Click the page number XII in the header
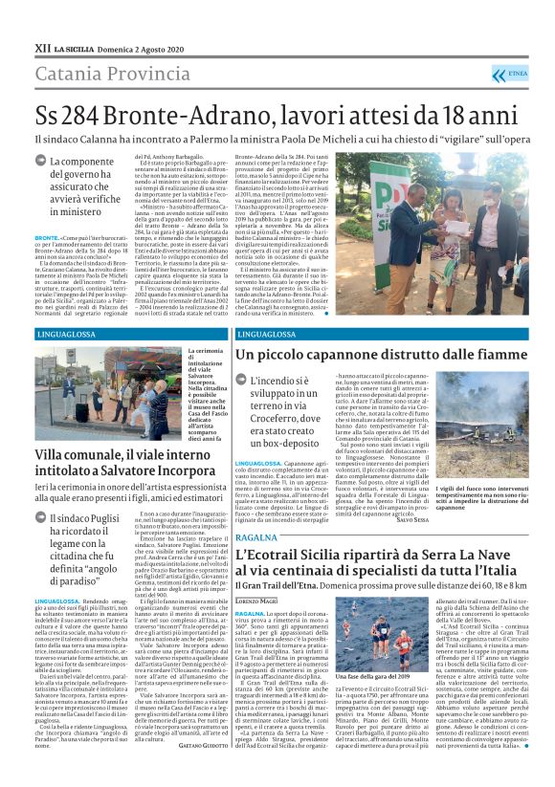pyautogui.click(x=41, y=46)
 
